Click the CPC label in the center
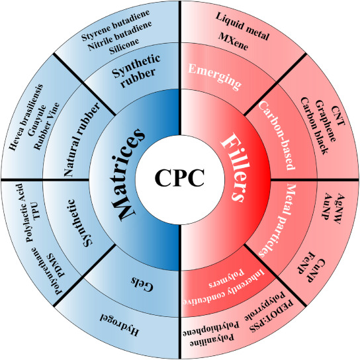tap(179, 179)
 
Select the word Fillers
tap(232, 167)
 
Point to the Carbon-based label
tap(277, 136)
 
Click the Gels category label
tap(142, 284)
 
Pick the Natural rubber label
tap(82, 140)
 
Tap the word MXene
tap(234, 41)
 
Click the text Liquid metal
tap(242, 26)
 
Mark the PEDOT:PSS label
tap(272, 316)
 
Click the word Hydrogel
tap(119, 324)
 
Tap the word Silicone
tap(124, 46)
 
